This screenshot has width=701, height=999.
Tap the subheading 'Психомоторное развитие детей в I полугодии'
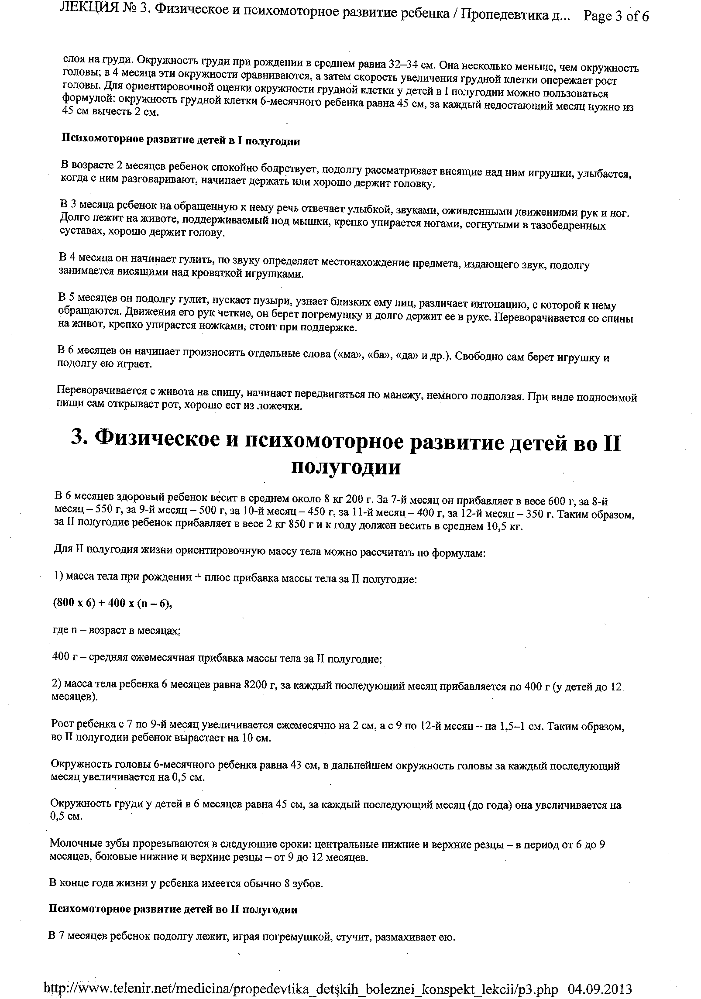pos(180,141)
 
